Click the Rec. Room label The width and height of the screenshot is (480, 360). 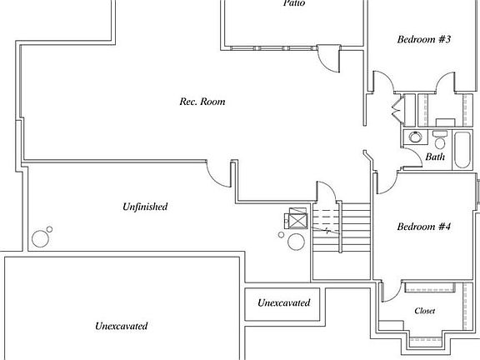[202, 102]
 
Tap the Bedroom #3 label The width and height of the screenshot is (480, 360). [424, 39]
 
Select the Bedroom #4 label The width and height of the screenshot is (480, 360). [423, 227]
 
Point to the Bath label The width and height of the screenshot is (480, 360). [435, 157]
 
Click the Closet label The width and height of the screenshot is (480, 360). [425, 311]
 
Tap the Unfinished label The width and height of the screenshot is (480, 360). [145, 207]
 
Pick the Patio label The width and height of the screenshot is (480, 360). [294, 3]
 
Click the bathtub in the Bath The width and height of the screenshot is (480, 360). [462, 150]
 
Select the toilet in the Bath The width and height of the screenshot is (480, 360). [440, 139]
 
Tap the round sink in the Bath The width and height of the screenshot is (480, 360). [415, 137]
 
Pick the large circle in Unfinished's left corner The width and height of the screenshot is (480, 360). [40, 239]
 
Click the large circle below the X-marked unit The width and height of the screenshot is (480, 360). [297, 242]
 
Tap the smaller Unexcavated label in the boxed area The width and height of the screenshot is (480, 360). [284, 302]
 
